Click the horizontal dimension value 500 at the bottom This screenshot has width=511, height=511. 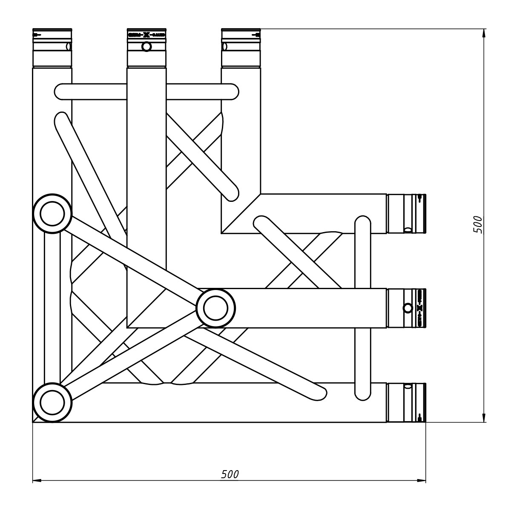(x=230, y=474)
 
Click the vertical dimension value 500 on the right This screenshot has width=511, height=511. (x=478, y=224)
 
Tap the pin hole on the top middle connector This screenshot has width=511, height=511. (x=146, y=46)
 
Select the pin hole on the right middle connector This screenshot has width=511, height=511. (x=408, y=308)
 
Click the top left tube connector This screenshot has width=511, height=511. (x=52, y=48)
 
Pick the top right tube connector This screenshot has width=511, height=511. (x=241, y=48)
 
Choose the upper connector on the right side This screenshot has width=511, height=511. (x=406, y=214)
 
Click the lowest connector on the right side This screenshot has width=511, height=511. (x=406, y=402)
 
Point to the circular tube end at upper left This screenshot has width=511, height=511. (x=52, y=213)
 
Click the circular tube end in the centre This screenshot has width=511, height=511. (x=216, y=308)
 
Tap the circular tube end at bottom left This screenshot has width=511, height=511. (x=52, y=402)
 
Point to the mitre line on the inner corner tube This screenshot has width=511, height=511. (x=241, y=214)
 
